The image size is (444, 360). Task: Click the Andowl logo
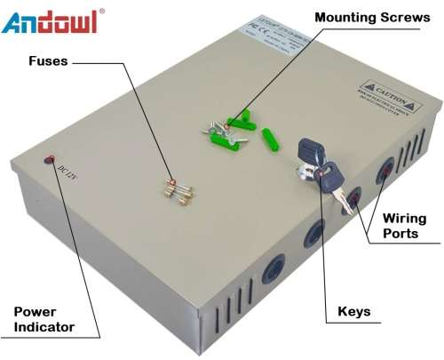pyautogui.click(x=49, y=21)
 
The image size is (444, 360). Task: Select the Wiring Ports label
pyautogui.click(x=404, y=226)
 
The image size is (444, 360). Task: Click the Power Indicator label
pyautogui.click(x=44, y=320)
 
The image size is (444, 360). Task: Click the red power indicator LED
pyautogui.click(x=50, y=160)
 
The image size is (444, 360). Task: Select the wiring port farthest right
pyautogui.click(x=388, y=168)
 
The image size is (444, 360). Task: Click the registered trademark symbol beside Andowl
pyautogui.click(x=101, y=11)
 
